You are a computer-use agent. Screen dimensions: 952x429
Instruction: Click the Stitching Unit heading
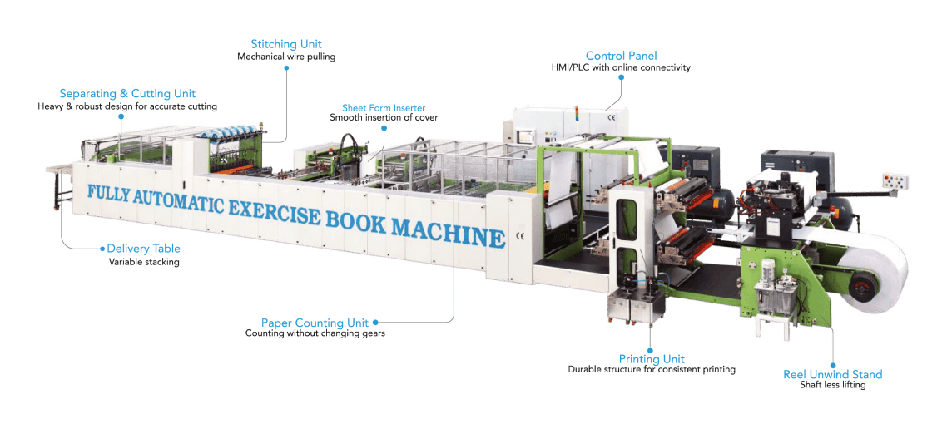[286, 44]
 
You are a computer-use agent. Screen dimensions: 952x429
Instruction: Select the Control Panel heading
[621, 56]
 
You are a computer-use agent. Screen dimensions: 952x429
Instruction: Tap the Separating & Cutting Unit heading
[127, 93]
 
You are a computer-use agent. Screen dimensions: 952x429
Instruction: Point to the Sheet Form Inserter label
[384, 108]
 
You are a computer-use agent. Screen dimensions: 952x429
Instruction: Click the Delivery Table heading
[143, 249]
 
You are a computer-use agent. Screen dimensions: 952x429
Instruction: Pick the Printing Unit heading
[652, 359]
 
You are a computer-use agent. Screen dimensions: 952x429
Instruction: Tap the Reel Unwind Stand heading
[832, 374]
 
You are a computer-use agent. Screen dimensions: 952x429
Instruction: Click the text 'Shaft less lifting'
[832, 385]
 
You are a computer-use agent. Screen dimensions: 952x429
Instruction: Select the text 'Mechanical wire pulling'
[286, 57]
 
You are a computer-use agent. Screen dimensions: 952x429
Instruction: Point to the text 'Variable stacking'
[144, 262]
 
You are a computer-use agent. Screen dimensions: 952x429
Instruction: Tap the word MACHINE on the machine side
[448, 229]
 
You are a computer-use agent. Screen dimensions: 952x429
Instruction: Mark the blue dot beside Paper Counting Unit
[375, 323]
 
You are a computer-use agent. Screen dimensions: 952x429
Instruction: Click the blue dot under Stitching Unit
[286, 68]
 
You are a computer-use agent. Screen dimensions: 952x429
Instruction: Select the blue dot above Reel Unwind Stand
[832, 362]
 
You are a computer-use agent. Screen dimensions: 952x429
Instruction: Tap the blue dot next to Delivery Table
[102, 249]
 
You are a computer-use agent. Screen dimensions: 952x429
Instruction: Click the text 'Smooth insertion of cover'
[384, 118]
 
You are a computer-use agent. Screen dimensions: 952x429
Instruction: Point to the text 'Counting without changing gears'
[315, 333]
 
